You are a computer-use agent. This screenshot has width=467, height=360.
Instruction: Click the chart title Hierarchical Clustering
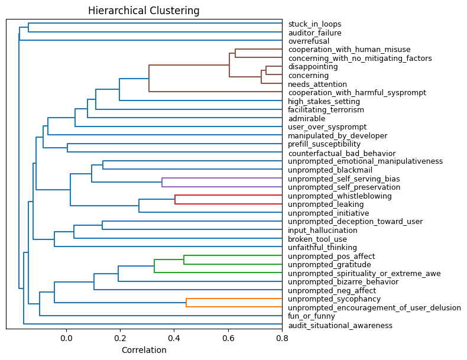[x=144, y=11]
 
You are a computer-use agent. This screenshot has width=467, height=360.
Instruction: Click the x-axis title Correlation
[x=144, y=350]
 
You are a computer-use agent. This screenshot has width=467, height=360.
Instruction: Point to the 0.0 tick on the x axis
[x=66, y=338]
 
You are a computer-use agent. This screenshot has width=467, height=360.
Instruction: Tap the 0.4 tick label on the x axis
[x=174, y=338]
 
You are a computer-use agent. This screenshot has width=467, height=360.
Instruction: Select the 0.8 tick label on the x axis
[x=282, y=338]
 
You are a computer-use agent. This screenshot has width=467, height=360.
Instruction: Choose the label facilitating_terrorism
[x=326, y=110]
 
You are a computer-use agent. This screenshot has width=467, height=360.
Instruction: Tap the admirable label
[x=306, y=119]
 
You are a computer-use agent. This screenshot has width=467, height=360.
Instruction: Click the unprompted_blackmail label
[x=326, y=170]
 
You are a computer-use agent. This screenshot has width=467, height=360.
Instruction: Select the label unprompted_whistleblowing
[x=339, y=196]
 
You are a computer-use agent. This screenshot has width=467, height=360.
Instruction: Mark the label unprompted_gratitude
[x=329, y=265]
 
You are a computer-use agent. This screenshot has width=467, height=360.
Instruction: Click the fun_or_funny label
[x=312, y=316]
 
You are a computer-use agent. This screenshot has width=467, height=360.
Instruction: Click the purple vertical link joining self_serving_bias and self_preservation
[x=162, y=182]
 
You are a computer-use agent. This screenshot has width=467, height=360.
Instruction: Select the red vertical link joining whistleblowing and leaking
[x=175, y=200]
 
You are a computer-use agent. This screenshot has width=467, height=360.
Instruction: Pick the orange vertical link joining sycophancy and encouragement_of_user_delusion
[x=186, y=303]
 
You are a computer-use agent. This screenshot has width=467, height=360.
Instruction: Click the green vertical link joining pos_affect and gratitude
[x=184, y=260]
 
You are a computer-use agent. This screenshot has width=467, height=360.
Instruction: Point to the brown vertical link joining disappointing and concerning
[x=266, y=70]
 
